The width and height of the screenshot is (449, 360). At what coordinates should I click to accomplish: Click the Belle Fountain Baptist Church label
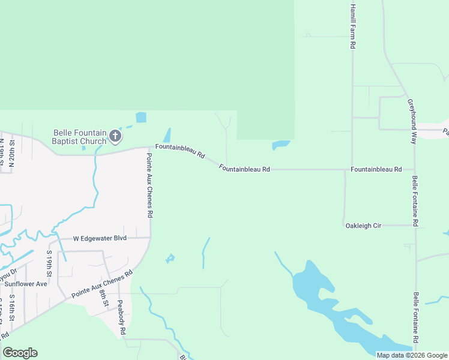coord(80,137)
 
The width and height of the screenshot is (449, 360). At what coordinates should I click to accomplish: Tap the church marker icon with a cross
coord(115,137)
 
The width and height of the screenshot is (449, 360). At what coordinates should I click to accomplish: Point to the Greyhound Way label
coord(412,121)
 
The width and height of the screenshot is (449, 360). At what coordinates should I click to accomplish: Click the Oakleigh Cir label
coord(363,226)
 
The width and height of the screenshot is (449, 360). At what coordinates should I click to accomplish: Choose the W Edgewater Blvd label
coord(100,238)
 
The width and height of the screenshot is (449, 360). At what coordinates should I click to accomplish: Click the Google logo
coord(20,353)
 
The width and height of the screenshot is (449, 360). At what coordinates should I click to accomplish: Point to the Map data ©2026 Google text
coord(412,355)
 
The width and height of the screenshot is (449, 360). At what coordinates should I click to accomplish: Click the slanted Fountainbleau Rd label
coord(180,151)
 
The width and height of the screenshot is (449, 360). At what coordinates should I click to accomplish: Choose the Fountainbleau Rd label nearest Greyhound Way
coord(376,170)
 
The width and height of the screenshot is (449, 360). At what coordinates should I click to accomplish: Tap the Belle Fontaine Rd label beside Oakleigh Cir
coord(415,201)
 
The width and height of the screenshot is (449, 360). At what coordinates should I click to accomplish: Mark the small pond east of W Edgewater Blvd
coord(170,259)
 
